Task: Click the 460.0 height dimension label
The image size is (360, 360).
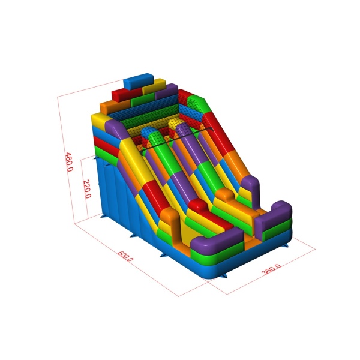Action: (69, 161)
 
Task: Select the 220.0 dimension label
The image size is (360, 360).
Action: (87, 189)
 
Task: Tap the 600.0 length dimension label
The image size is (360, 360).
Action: (125, 256)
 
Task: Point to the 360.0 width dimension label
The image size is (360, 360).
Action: (271, 269)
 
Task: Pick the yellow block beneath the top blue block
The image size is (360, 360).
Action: (154, 86)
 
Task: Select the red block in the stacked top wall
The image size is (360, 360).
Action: (127, 94)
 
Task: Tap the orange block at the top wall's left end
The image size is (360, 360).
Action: (115, 107)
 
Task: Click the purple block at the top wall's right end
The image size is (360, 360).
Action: (167, 92)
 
